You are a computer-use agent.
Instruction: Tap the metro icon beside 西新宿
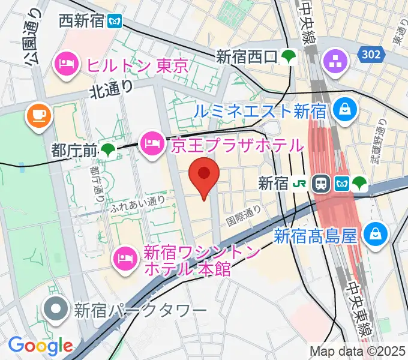(114, 22)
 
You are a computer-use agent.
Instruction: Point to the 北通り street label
(112, 89)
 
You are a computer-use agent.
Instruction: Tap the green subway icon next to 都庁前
(108, 151)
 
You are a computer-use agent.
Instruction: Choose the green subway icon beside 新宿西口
(290, 58)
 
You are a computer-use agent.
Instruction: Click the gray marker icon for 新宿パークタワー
(58, 310)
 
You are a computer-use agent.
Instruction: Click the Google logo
(41, 346)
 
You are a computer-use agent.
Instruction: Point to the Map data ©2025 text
(358, 351)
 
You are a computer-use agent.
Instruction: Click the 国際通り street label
(244, 214)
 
